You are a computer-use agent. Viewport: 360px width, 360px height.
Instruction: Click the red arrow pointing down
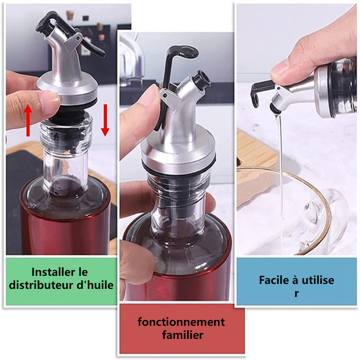coord(105,120)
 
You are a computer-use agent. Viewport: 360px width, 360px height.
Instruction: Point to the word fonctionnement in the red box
coord(181,322)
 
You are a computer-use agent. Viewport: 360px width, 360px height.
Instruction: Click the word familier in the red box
coord(183,335)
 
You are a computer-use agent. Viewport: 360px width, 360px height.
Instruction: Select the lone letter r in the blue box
coord(297,294)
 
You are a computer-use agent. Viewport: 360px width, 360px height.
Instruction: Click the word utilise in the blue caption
coord(318,280)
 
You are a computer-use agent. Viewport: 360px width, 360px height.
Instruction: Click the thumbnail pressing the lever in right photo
coord(279,68)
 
